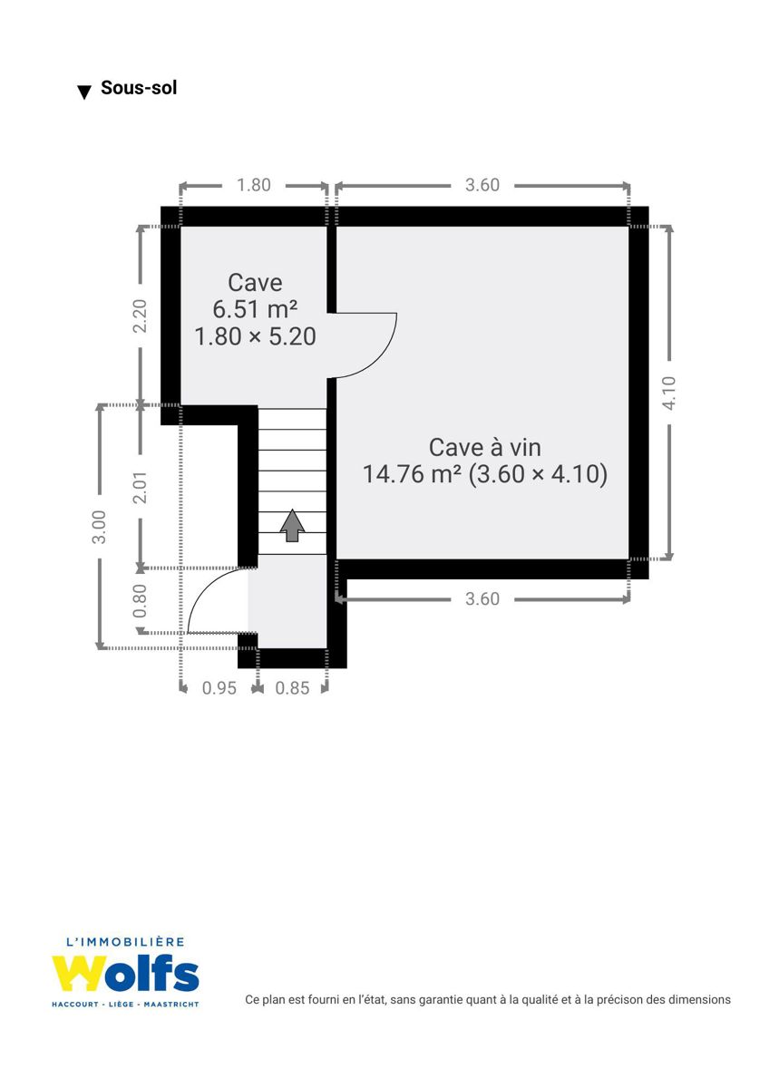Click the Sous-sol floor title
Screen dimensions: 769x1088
click(139, 88)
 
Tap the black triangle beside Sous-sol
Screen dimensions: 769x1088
click(85, 92)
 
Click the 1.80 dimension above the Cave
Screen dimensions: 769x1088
click(254, 185)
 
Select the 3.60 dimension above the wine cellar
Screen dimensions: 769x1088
click(482, 185)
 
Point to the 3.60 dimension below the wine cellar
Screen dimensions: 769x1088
click(482, 599)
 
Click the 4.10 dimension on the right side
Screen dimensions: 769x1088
click(669, 393)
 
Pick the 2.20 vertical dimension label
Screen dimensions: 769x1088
click(140, 316)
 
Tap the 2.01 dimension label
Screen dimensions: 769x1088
click(140, 487)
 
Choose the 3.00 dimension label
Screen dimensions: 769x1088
click(99, 527)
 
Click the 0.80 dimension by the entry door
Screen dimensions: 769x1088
click(140, 601)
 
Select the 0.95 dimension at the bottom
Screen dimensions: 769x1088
click(219, 688)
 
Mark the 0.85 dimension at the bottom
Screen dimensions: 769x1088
click(292, 688)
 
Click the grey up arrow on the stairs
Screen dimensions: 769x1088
click(292, 526)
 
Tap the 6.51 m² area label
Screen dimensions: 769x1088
click(255, 309)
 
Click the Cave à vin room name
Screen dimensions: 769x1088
click(485, 447)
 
